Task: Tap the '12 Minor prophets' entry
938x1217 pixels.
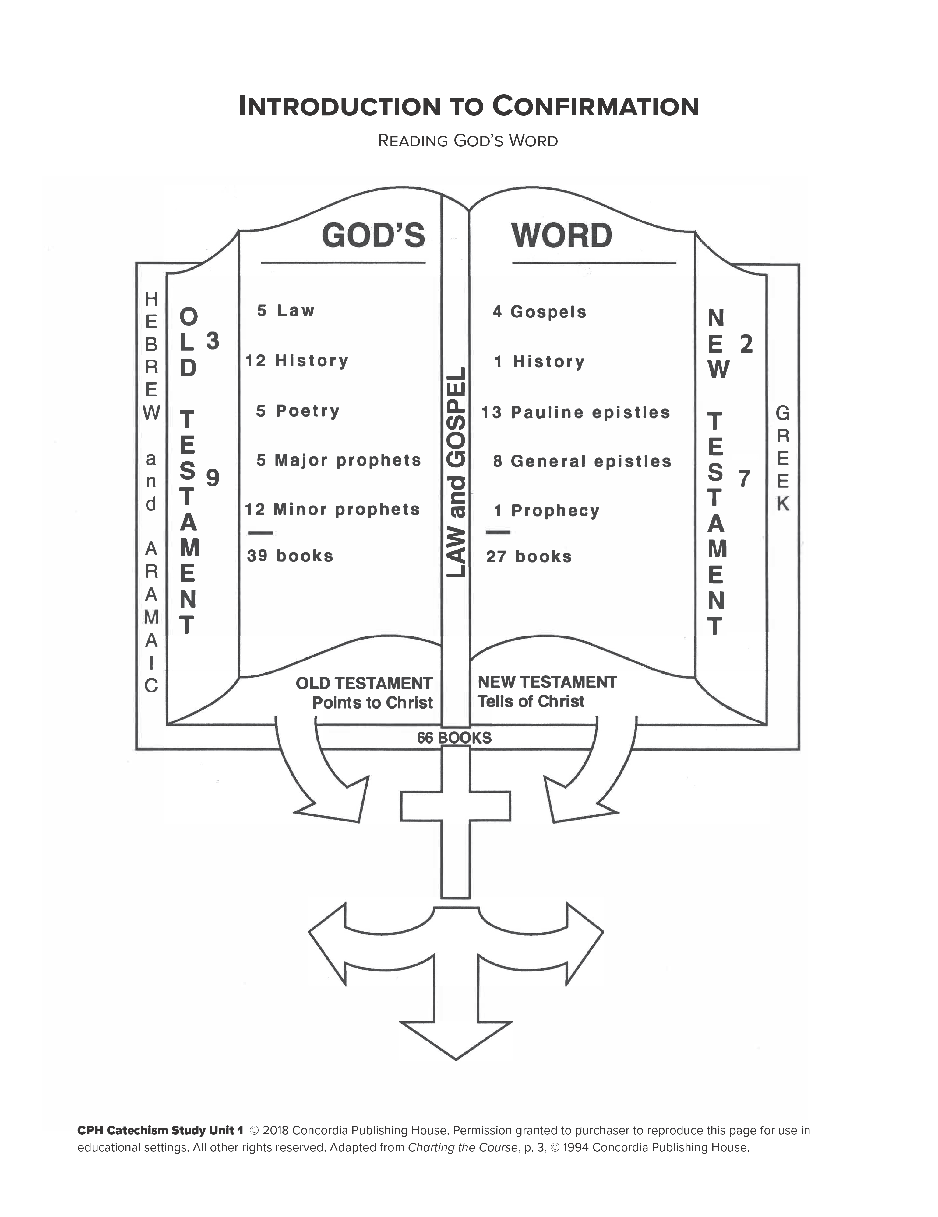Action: [x=332, y=509]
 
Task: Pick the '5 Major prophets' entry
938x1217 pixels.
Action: [x=339, y=460]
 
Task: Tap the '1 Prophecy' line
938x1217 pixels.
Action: [x=547, y=511]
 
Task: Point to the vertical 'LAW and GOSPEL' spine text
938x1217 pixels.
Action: [x=456, y=473]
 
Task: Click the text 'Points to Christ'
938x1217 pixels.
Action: [x=372, y=703]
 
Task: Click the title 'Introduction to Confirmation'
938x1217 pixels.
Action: [x=468, y=106]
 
